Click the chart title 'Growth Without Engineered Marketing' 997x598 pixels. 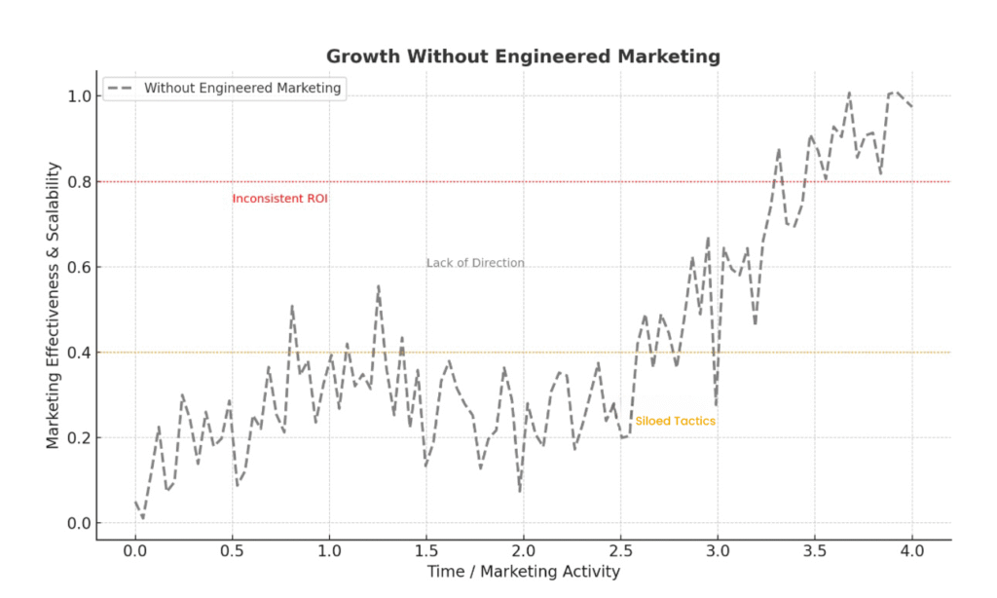pyautogui.click(x=523, y=56)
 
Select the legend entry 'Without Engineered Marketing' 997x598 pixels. pyautogui.click(x=242, y=88)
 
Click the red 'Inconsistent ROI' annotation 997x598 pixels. pyautogui.click(x=279, y=199)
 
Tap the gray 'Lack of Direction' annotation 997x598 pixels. pyautogui.click(x=475, y=263)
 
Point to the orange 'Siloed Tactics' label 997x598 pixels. pyautogui.click(x=675, y=421)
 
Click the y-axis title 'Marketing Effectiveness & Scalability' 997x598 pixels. pyautogui.click(x=54, y=306)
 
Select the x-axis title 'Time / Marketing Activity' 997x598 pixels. pyautogui.click(x=523, y=572)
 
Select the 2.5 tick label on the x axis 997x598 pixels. pyautogui.click(x=620, y=549)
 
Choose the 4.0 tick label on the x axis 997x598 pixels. pyautogui.click(x=911, y=549)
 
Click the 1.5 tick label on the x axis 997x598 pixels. pyautogui.click(x=426, y=549)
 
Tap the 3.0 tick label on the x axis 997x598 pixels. pyautogui.click(x=718, y=549)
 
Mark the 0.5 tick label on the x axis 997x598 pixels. pyautogui.click(x=233, y=549)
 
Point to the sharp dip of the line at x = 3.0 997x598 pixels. pyautogui.click(x=717, y=404)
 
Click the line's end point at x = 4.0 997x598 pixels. pyautogui.click(x=911, y=106)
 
